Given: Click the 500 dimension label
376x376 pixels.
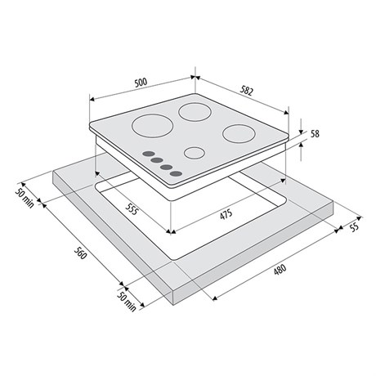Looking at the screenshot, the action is (x=141, y=82).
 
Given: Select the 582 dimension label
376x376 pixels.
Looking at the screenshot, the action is (x=247, y=91).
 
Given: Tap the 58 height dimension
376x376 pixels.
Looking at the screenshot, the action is (x=315, y=134).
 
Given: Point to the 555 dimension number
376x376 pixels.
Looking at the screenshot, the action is (x=132, y=209).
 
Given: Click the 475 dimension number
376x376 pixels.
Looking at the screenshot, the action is (x=226, y=214).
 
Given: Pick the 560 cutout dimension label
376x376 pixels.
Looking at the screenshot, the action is (x=81, y=253).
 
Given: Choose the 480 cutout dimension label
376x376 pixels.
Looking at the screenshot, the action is (x=280, y=269).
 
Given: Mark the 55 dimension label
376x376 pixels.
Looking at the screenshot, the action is (x=354, y=226).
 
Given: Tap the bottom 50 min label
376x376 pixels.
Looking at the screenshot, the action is (x=127, y=301).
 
